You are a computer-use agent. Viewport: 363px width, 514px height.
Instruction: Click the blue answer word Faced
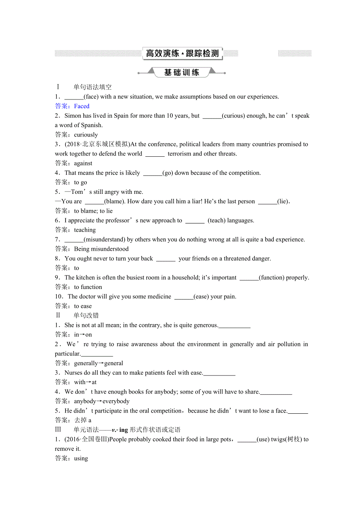pos(82,106)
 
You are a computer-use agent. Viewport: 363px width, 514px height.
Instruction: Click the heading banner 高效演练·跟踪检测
pos(182,53)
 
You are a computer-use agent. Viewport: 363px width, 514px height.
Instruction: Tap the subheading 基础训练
pos(182,73)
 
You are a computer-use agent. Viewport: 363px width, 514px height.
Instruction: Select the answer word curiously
pos(86,135)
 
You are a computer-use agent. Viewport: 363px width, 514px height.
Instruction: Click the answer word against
pos(83,163)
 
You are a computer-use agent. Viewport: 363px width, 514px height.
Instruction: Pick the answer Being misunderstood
pos(101,249)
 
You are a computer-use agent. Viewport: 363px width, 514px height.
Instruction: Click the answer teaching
pos(85,230)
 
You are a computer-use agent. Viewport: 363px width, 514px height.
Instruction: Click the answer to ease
pos(83,306)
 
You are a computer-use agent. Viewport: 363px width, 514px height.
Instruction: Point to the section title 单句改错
pos(86,315)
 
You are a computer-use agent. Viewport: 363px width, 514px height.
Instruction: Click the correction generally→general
pos(99,363)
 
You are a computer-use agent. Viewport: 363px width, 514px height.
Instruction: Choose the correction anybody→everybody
pos(102,401)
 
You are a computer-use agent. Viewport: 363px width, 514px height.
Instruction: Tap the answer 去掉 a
pos(83,420)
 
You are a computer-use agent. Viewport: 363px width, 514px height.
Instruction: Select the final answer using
pos(81,458)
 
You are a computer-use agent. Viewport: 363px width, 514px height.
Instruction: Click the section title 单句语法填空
pos(92,87)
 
